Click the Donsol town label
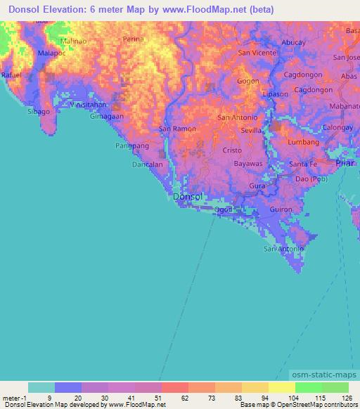[x=188, y=197]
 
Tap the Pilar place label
[x=345, y=163]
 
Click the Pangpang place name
[x=130, y=146]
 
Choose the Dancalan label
[x=148, y=164]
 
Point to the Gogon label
[x=247, y=81]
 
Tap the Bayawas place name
[x=247, y=163]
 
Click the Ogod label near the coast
[x=223, y=209]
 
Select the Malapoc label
[x=51, y=53]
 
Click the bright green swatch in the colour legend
[x=308, y=387]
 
